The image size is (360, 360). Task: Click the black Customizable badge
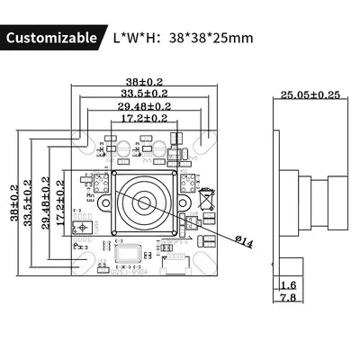click(51, 38)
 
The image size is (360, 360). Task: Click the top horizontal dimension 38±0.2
click(145, 82)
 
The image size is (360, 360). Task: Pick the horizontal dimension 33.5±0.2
click(145, 94)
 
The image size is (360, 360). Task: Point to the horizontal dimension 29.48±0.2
click(145, 105)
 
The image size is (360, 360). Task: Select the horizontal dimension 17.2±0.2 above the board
click(145, 117)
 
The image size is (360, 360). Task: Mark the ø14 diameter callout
click(243, 238)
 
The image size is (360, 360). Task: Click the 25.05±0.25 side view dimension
click(310, 94)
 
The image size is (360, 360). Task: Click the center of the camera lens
click(145, 200)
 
